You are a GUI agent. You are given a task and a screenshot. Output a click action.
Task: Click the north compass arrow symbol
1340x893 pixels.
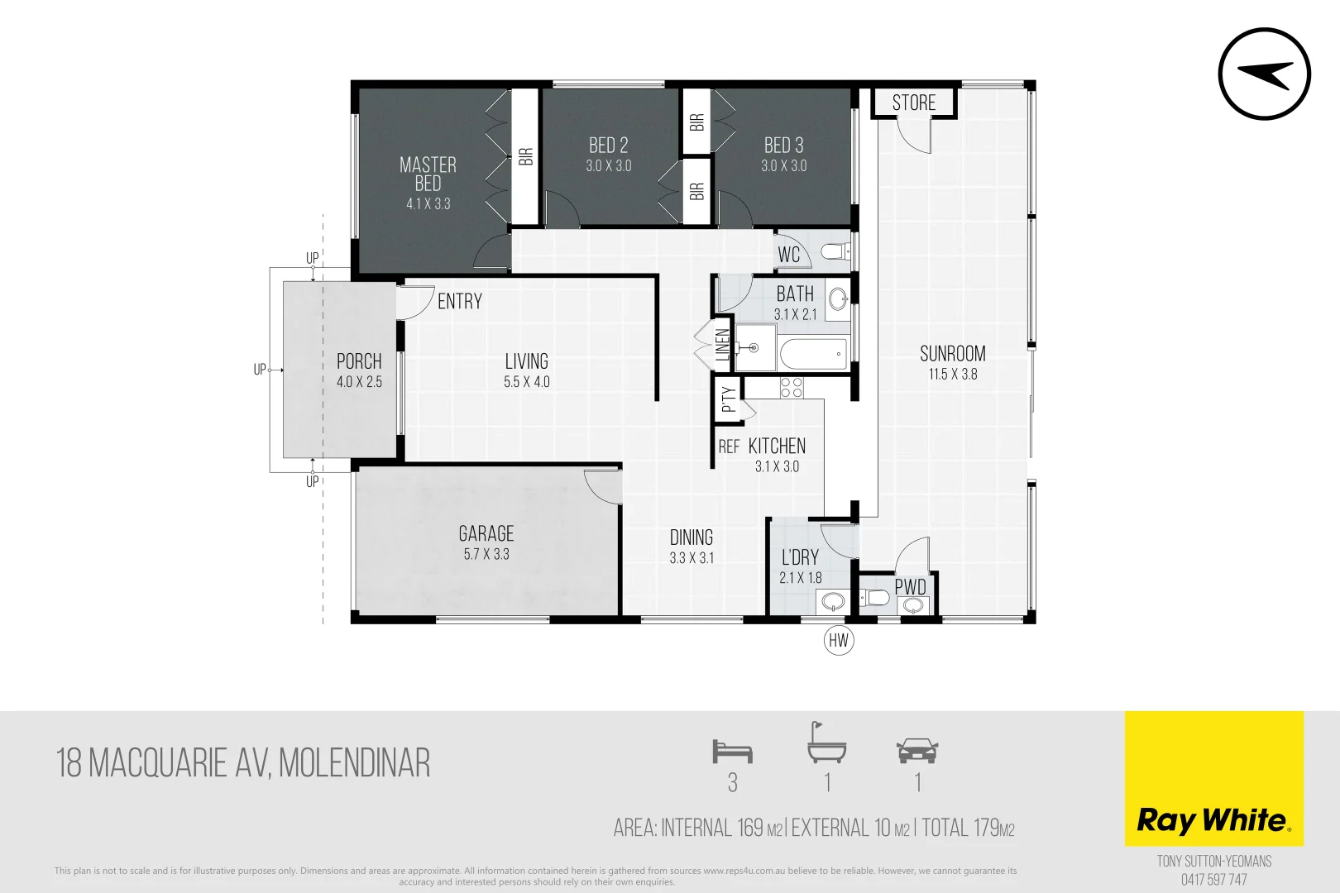tap(1264, 74)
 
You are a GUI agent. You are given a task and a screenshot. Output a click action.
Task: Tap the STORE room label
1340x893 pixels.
tap(914, 103)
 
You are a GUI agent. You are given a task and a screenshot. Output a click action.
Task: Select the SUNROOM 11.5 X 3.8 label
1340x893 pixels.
tap(953, 363)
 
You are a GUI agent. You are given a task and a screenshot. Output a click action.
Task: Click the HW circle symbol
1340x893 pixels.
tap(839, 640)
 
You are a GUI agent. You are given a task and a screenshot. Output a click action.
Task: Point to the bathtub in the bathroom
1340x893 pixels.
tap(814, 355)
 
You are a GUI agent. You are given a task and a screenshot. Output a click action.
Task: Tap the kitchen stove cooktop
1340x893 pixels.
tap(792, 387)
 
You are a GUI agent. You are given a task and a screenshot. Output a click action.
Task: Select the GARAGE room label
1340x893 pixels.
tap(486, 534)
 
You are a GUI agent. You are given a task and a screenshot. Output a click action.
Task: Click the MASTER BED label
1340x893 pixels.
tap(428, 174)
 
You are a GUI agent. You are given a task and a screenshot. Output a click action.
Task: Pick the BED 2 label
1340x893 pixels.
tap(609, 146)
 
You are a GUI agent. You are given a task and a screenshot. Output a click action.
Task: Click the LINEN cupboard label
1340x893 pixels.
tap(723, 345)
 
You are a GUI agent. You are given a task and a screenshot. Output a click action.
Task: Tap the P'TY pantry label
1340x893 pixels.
tap(728, 400)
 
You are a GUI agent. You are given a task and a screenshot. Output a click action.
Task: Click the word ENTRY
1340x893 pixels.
tap(460, 302)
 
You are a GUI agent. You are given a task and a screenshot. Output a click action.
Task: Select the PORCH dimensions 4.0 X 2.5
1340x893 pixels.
tap(359, 382)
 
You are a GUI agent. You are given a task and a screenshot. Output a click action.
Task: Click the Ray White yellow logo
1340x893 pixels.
tap(1213, 778)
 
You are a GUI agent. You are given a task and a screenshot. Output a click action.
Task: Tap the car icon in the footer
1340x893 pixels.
tap(917, 750)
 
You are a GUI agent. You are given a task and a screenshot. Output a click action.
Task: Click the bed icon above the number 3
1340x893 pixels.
tap(732, 752)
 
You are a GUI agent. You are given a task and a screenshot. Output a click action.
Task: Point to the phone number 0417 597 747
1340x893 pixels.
tap(1213, 880)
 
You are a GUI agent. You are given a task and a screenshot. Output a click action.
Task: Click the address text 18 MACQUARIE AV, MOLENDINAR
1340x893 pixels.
tap(243, 763)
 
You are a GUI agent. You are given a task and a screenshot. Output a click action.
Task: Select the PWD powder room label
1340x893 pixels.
tap(910, 587)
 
